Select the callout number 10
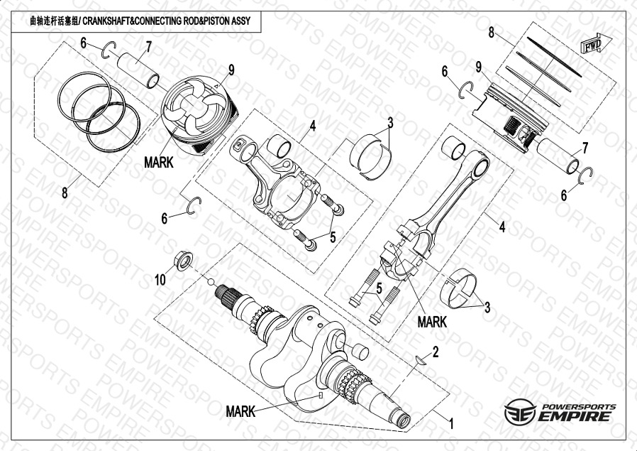tap(161, 280)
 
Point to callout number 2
tap(436, 352)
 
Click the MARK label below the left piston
tap(158, 162)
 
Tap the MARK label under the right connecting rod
tap(432, 321)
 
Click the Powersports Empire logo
tap(560, 411)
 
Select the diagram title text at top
tap(141, 22)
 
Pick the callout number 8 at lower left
tap(65, 192)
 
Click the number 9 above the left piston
tap(231, 70)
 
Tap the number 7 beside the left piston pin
tap(149, 48)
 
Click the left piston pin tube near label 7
tap(138, 70)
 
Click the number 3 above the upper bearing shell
tap(390, 121)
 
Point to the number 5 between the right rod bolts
tap(380, 288)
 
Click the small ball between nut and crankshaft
tap(211, 281)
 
